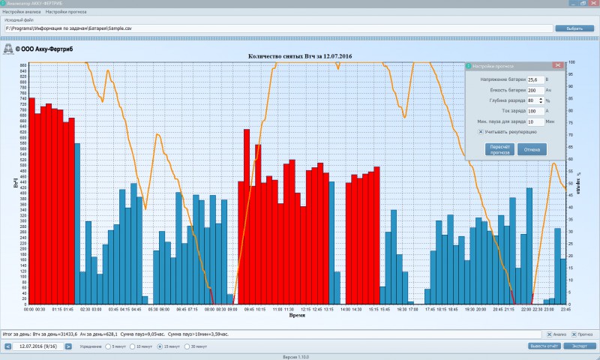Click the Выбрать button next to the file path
coord(574,28)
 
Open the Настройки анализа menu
coord(22,13)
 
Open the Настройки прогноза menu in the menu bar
coord(66,13)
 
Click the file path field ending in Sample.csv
coord(277,28)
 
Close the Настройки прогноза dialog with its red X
coord(556,66)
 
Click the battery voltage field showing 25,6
coord(535,79)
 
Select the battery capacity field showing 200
coord(535,89)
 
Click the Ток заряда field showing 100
coord(535,110)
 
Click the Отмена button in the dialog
coord(532,149)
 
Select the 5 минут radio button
coord(108,346)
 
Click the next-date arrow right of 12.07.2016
coord(68,346)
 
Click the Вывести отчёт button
coord(544,346)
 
